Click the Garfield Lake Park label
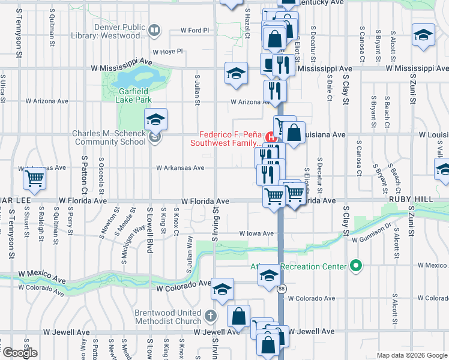point(134,95)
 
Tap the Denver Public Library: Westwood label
point(119,31)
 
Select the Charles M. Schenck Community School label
point(109,137)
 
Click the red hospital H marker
point(270,136)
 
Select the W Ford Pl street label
point(194,31)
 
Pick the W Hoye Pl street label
point(166,52)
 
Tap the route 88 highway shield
point(282,289)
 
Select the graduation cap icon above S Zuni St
point(423,35)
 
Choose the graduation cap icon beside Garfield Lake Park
point(156,119)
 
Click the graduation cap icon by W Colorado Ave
point(222,290)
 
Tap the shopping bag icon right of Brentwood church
point(238,316)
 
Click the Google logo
point(20,352)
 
